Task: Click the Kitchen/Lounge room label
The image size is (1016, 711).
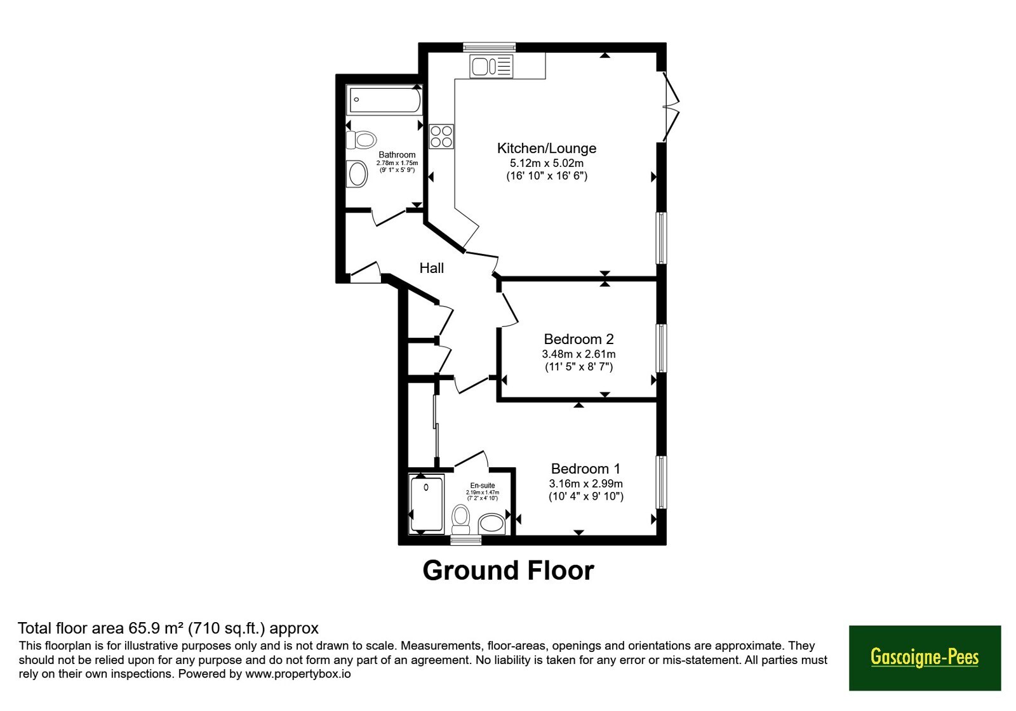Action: (x=547, y=149)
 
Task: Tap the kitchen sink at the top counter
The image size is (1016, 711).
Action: (x=491, y=66)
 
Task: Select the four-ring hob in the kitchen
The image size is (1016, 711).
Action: (x=441, y=136)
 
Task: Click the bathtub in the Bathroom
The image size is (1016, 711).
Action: (x=385, y=99)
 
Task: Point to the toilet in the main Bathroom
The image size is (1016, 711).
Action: (x=361, y=140)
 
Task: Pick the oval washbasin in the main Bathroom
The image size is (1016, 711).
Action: (x=358, y=174)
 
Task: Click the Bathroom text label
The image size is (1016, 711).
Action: (x=397, y=155)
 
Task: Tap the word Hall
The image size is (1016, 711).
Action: (x=431, y=268)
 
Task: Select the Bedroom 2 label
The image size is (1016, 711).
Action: (x=578, y=339)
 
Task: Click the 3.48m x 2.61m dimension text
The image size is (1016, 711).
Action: (x=578, y=354)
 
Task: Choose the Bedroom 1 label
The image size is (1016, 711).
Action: (x=585, y=468)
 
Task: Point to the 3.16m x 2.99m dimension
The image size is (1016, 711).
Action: (x=586, y=483)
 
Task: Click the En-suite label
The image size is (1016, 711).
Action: (x=483, y=485)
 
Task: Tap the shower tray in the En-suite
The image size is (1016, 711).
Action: (x=426, y=504)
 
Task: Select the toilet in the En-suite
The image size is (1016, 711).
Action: (x=461, y=520)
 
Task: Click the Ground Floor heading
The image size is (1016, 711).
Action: (x=508, y=571)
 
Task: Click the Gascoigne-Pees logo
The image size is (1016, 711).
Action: (x=925, y=658)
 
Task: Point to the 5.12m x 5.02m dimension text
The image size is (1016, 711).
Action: (x=547, y=163)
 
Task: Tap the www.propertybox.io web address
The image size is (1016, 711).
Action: (x=298, y=674)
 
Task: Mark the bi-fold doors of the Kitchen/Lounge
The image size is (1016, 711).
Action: (x=671, y=107)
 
